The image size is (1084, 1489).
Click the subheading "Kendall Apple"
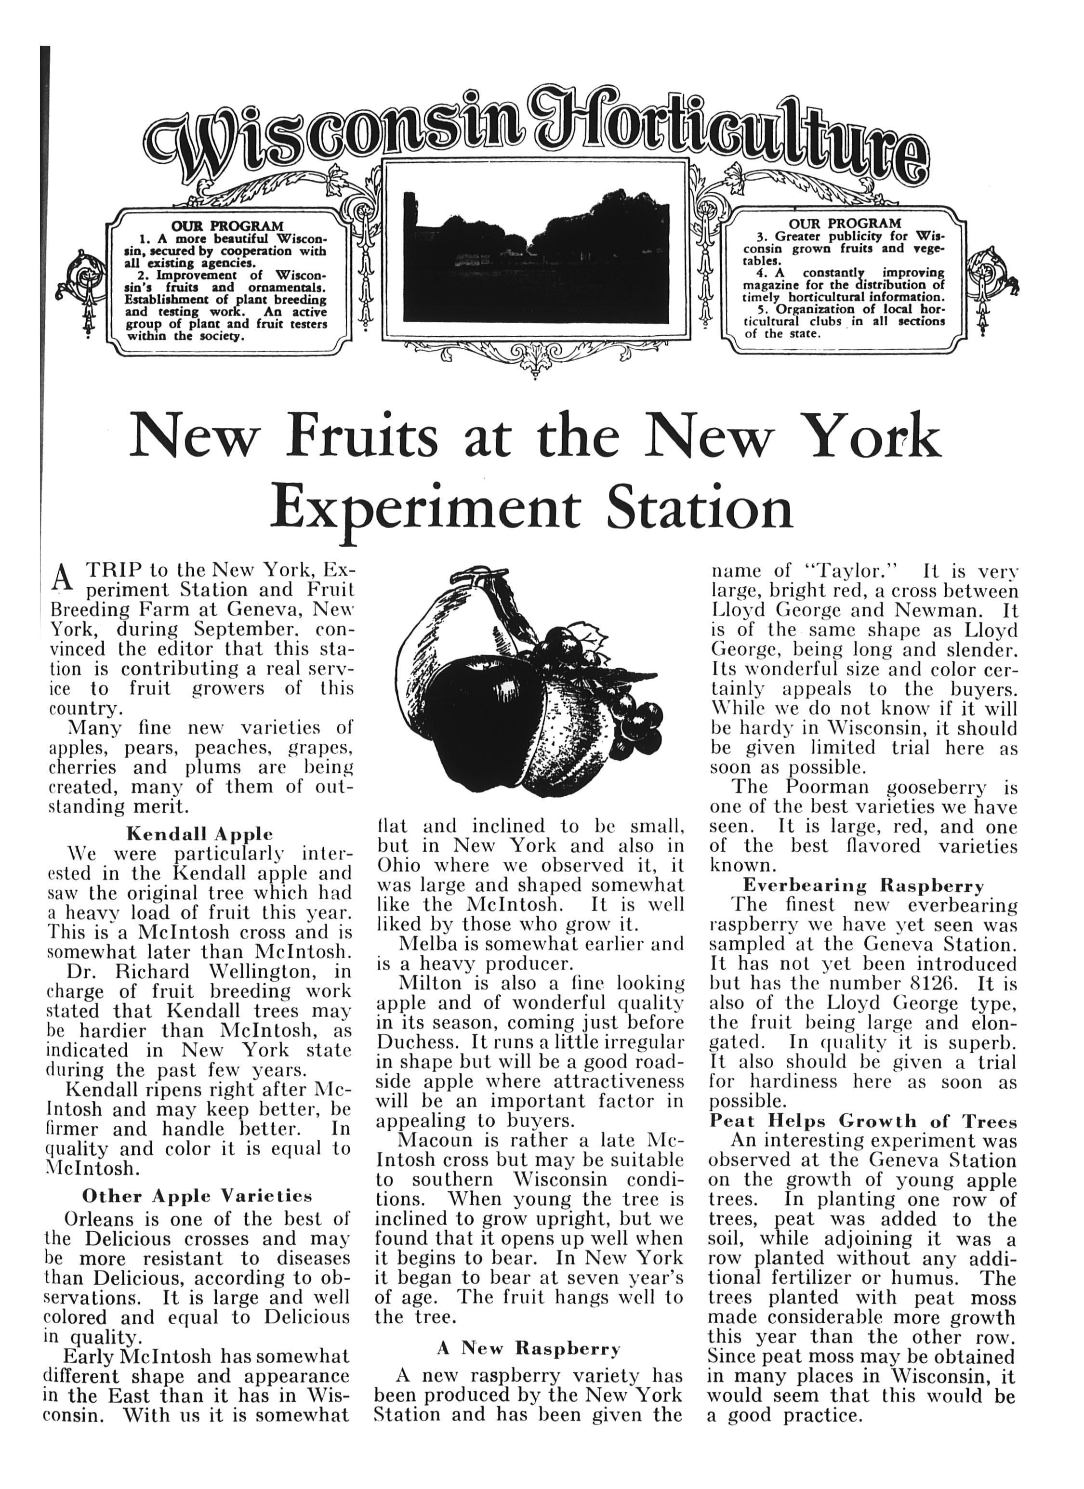(199, 834)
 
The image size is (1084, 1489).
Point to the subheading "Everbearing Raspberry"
(863, 886)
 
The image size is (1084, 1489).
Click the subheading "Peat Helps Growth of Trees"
(863, 1120)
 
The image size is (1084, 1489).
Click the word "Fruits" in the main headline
(361, 436)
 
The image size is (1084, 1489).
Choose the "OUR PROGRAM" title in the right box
(845, 223)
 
